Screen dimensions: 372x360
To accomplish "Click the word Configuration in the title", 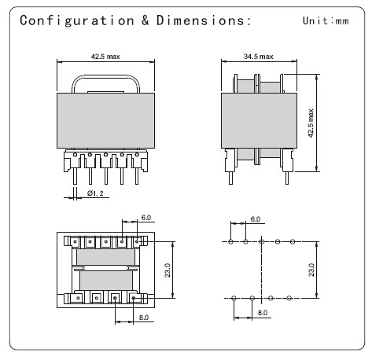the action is [77, 20].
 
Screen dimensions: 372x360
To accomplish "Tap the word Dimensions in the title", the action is [201, 20].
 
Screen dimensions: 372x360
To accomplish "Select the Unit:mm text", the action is [326, 20].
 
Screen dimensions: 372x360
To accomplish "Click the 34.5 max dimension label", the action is [259, 57].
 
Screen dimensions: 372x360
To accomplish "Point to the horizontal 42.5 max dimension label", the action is [105, 57].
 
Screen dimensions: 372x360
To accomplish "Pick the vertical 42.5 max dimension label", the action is [311, 123].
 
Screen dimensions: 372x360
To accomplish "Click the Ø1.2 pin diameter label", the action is [95, 193].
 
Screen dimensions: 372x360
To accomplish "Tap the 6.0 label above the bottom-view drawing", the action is [146, 218].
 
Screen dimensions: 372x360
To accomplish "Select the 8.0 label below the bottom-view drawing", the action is [144, 318].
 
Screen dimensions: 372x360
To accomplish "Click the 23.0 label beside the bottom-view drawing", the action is [168, 270].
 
